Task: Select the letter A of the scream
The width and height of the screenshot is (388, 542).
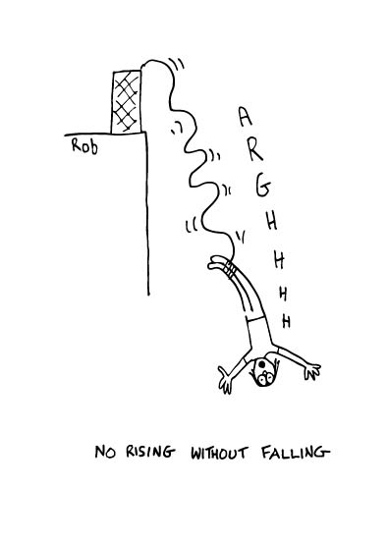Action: [245, 119]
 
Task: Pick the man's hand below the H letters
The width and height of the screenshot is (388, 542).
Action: [312, 367]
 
